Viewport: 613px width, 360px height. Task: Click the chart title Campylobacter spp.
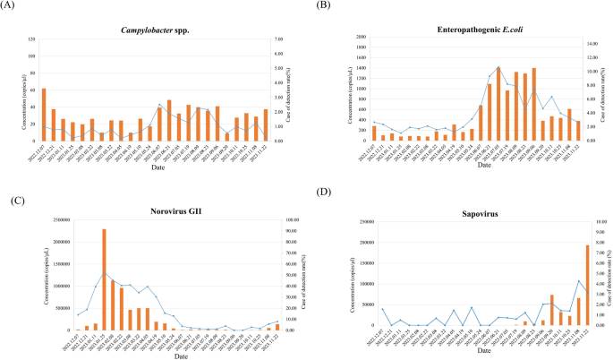pyautogui.click(x=158, y=30)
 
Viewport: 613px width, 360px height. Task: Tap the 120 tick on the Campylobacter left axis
pyautogui.click(x=32, y=41)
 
